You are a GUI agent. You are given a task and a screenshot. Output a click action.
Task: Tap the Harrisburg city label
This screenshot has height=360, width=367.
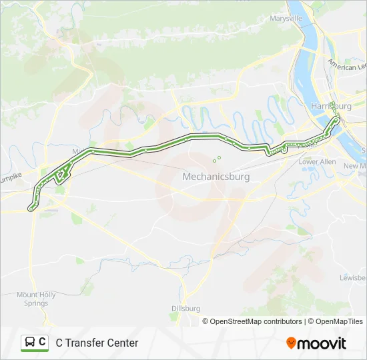[x=331, y=106]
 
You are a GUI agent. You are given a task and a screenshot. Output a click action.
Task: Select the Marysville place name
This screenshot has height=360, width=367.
[x=286, y=18]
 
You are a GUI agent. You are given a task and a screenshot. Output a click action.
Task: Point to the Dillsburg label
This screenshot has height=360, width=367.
[x=186, y=309]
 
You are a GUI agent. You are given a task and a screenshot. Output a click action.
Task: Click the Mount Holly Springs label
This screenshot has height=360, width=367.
[x=33, y=299]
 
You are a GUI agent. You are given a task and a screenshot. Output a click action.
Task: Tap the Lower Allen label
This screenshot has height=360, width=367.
[x=317, y=162]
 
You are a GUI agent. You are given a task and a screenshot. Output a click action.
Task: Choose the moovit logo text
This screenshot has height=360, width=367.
[x=322, y=343]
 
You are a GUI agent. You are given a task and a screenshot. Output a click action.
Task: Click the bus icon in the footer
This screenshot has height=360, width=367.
[x=30, y=343]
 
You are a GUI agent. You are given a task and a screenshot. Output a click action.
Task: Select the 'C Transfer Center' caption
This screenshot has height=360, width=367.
[x=97, y=343]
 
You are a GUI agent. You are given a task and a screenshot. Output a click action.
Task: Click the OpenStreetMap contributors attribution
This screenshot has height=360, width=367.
[x=254, y=321]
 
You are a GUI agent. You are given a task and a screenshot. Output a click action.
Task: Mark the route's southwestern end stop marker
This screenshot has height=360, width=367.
[x=31, y=209]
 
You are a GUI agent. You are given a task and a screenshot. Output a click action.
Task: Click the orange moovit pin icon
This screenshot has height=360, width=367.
[x=291, y=343]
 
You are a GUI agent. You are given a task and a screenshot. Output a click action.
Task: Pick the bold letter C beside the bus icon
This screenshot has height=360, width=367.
[x=43, y=342]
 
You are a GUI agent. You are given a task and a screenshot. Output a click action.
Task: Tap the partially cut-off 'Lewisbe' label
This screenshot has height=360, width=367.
[x=353, y=277]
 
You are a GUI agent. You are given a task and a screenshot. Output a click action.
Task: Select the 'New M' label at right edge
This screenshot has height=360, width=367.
[x=355, y=165]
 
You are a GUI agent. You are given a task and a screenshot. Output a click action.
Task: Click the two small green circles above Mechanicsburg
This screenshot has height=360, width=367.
[x=217, y=159]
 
